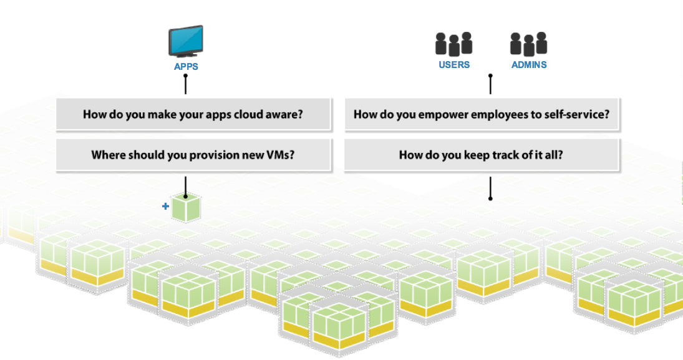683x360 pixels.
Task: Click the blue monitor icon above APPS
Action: coord(185,41)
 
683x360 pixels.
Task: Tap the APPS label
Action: coord(186,67)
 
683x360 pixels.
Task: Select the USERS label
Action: coord(454,64)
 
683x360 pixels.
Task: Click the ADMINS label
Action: coord(529,64)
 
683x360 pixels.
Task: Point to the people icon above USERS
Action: coord(453,44)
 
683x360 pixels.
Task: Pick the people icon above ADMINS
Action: coord(528,44)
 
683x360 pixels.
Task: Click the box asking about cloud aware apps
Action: coord(193,115)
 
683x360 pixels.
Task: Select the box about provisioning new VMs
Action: coord(193,155)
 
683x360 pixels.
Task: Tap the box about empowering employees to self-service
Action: coord(482,115)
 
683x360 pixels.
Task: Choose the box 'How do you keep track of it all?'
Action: coord(482,155)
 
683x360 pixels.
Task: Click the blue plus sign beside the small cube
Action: coord(165,206)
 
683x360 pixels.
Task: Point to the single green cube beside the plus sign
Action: coord(186,208)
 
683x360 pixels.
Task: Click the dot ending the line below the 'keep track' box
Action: coord(490,198)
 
